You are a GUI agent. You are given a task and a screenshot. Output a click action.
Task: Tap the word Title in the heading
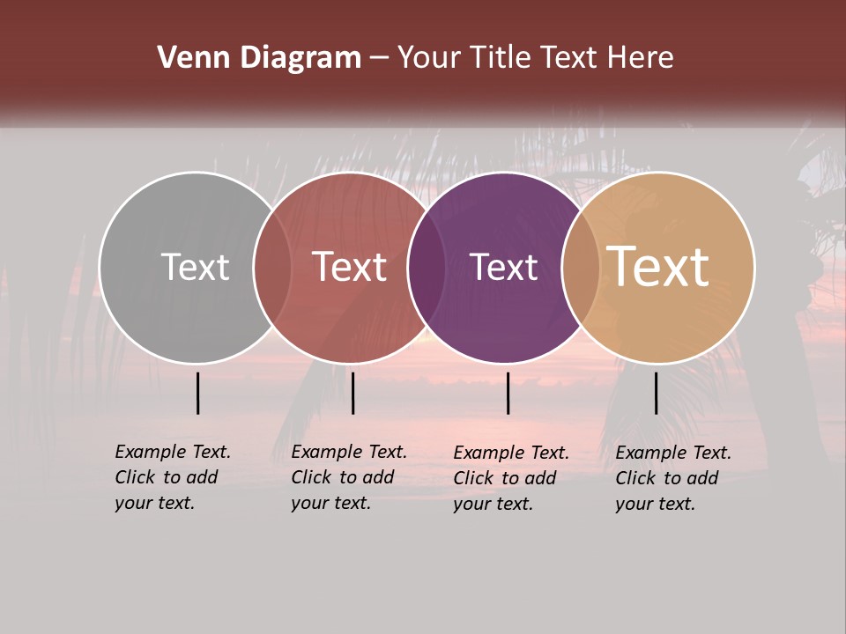[x=501, y=58]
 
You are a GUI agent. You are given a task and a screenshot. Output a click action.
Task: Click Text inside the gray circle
[x=195, y=267]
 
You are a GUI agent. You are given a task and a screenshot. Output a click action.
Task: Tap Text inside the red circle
[x=349, y=267]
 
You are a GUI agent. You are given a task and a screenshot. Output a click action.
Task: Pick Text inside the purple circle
[x=503, y=267]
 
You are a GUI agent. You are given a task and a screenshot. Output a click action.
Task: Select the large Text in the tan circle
[x=658, y=267]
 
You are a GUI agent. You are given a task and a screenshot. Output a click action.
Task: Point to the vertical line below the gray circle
[x=197, y=393]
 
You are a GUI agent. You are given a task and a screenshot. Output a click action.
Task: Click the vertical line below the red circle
[x=352, y=393]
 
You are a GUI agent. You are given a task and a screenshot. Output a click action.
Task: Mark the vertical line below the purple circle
[x=508, y=393]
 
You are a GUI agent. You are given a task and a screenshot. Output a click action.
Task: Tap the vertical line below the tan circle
[x=656, y=393]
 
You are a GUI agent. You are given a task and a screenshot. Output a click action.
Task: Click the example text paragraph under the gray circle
[x=172, y=477]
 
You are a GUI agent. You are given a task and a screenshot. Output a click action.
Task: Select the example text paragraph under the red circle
[x=348, y=477]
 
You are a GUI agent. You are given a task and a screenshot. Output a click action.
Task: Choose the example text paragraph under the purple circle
[x=510, y=478]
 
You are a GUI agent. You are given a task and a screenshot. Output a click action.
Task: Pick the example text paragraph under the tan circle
[x=672, y=478]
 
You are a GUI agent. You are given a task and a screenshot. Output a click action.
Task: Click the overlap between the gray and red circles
[x=272, y=267]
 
